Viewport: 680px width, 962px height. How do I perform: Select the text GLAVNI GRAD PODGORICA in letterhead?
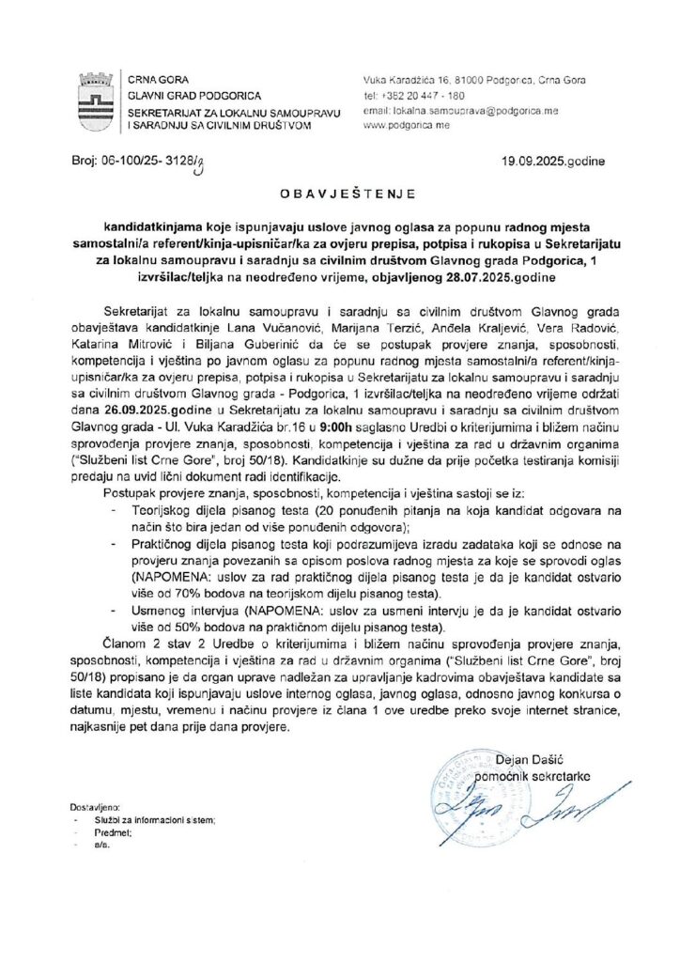click(183, 95)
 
